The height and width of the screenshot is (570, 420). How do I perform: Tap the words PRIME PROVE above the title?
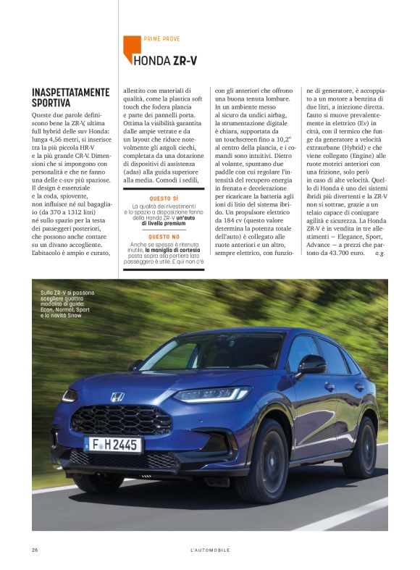tap(161, 39)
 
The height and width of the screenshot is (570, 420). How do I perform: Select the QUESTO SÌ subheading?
tap(164, 198)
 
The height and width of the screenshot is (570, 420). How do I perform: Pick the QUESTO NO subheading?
tap(164, 236)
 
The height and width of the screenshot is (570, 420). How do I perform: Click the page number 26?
tap(35, 550)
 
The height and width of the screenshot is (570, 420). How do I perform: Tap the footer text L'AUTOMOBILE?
tap(210, 550)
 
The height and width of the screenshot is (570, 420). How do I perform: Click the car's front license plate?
tap(113, 444)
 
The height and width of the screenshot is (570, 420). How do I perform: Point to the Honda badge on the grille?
tap(117, 397)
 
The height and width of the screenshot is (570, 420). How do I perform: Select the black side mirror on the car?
tap(311, 365)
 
